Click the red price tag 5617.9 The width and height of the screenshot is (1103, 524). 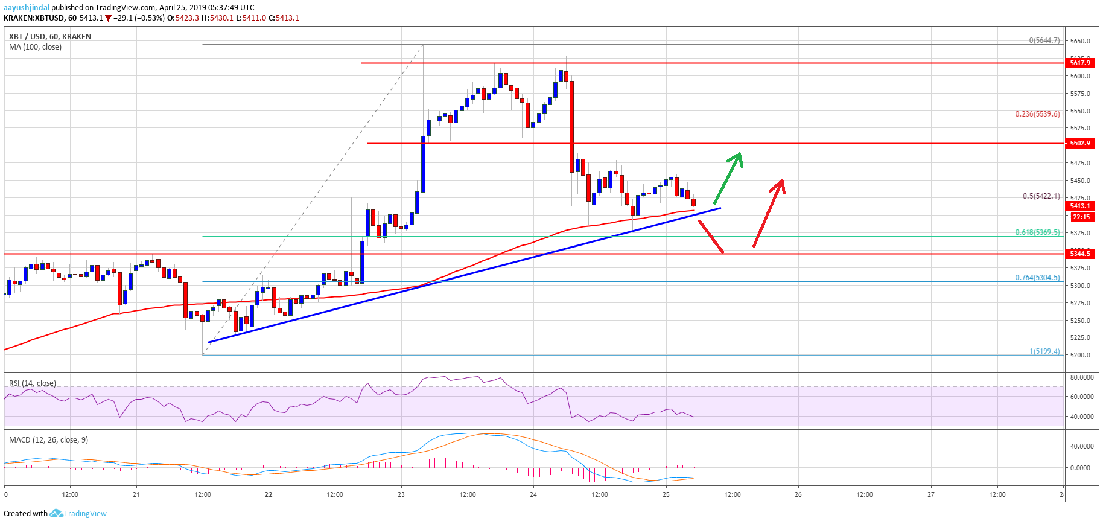(1079, 63)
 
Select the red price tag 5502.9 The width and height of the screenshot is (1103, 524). (1079, 144)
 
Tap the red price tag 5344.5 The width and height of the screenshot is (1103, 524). (1079, 254)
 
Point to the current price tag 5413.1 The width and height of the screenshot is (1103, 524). (1079, 206)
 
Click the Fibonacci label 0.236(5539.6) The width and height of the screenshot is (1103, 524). (1037, 114)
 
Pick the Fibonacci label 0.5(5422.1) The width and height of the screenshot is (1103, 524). (1041, 196)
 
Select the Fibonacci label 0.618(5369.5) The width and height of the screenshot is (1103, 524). (1037, 232)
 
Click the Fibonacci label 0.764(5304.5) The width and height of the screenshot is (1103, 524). (1037, 278)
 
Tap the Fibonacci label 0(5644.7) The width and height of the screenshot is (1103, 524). (1044, 40)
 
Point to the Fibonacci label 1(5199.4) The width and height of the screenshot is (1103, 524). (1044, 351)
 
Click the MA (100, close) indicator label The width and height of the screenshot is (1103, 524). (35, 47)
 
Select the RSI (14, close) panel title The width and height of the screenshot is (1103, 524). (33, 383)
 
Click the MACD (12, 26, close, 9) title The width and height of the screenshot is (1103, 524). (48, 440)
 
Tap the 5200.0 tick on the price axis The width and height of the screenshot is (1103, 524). (1079, 355)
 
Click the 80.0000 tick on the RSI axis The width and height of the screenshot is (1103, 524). (1082, 377)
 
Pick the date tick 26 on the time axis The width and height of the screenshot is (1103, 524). (798, 494)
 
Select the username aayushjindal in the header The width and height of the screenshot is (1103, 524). (27, 8)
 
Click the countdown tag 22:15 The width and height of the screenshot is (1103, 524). (1081, 217)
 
